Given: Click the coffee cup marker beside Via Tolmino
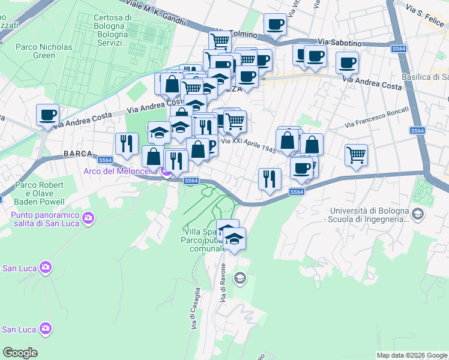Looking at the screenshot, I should [275, 25].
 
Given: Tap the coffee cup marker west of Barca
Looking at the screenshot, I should [47, 115].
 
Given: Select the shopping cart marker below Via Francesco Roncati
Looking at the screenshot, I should [356, 155].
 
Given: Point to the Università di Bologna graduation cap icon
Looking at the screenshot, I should [416, 213].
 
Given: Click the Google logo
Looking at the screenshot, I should [20, 353].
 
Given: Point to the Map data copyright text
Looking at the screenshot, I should [411, 355].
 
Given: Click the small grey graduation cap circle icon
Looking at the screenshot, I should [240, 277].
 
